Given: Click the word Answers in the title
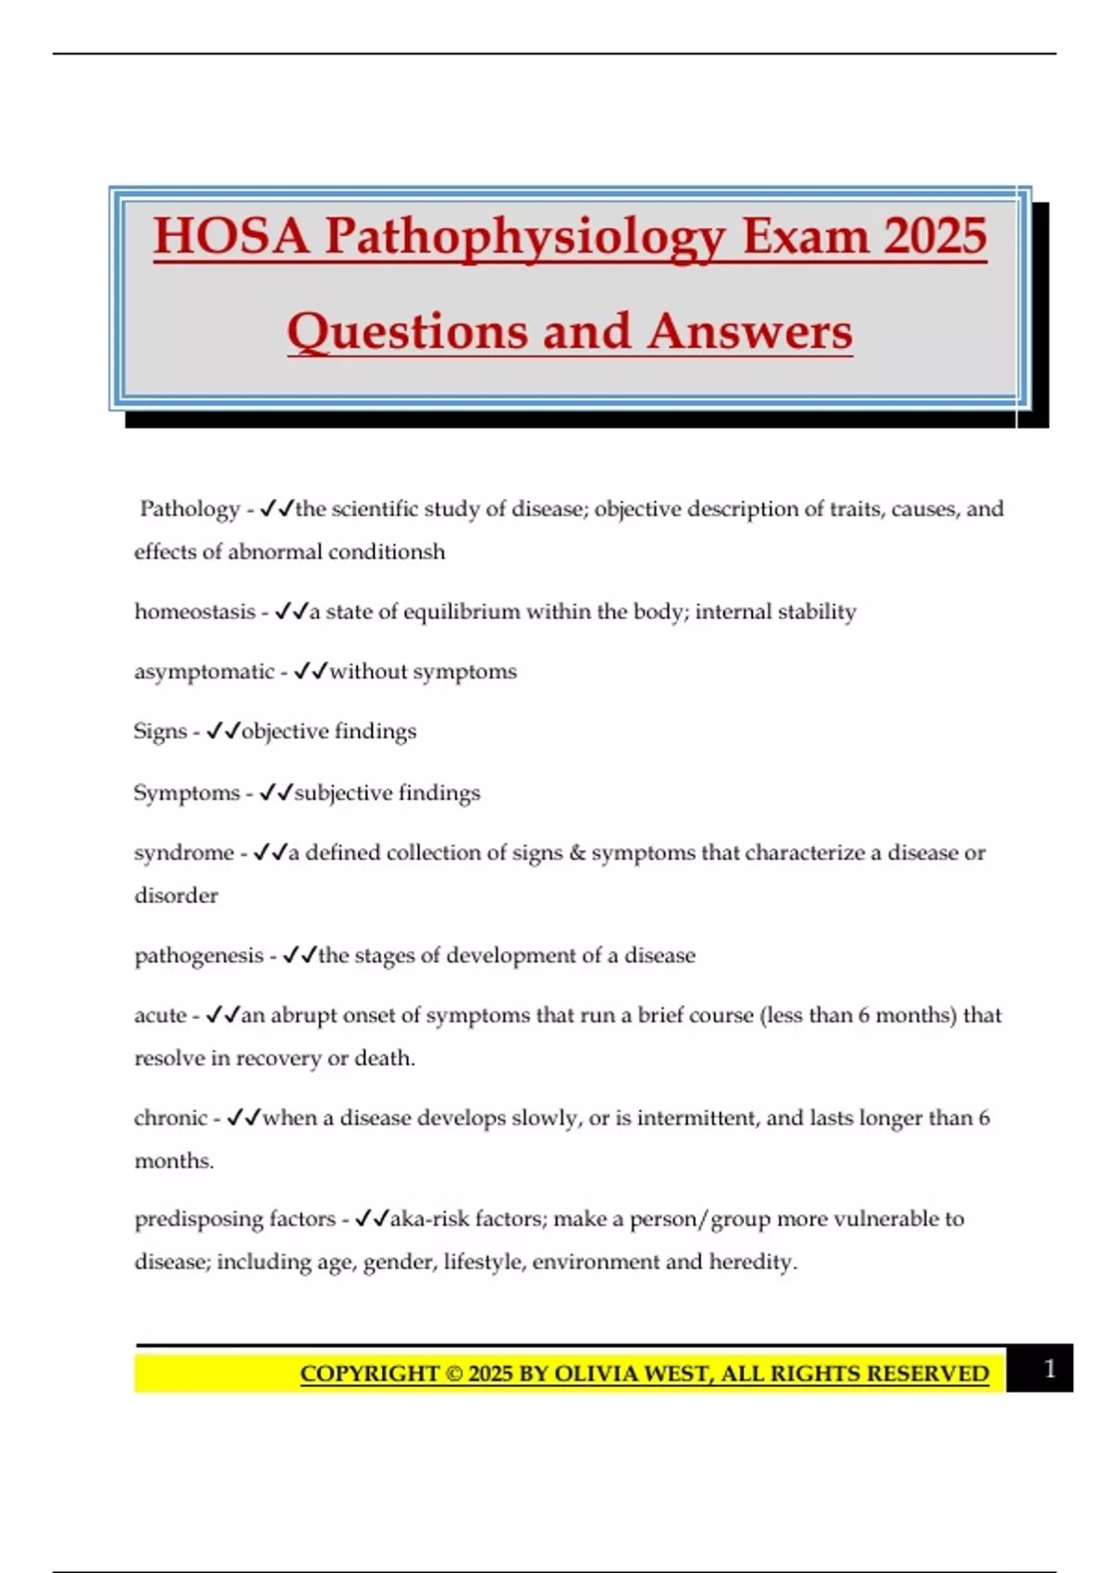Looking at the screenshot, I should tap(749, 331).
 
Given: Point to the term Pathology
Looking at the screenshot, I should tap(190, 509).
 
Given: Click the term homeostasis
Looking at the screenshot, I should tap(194, 612).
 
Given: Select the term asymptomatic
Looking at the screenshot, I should tap(204, 672).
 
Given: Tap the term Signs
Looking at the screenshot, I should tap(160, 731).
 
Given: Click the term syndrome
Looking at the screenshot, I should tap(184, 852).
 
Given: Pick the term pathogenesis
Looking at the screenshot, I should tap(199, 955).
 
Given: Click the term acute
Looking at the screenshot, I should tap(160, 1015).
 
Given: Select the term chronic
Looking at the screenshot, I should tap(171, 1118).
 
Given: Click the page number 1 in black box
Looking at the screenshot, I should tap(1049, 1369).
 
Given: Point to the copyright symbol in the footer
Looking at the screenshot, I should tap(454, 1374).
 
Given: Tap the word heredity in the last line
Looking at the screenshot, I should tap(752, 1262).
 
